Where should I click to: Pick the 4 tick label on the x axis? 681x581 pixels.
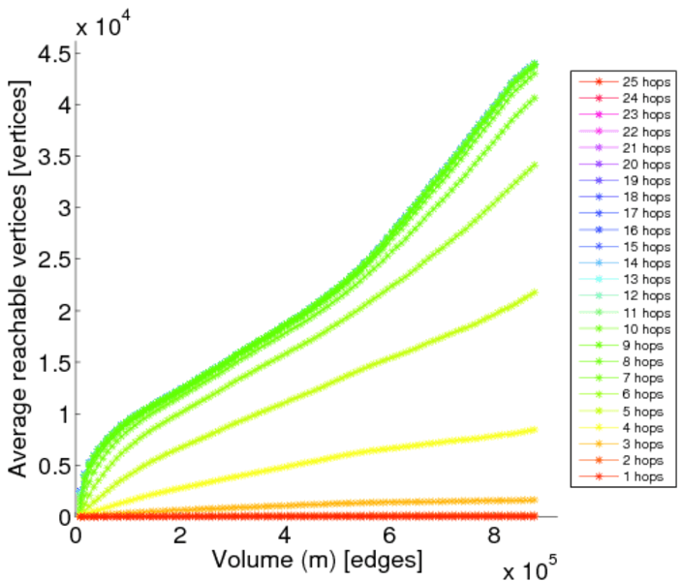click(285, 535)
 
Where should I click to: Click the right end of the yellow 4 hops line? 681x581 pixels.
click(534, 430)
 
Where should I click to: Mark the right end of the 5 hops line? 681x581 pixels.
click(534, 292)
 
